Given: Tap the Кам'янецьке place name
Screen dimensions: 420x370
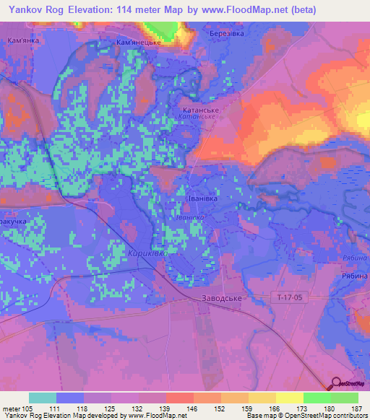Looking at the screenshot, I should click(x=137, y=43).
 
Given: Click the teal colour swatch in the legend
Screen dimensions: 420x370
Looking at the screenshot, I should click(x=43, y=398).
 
